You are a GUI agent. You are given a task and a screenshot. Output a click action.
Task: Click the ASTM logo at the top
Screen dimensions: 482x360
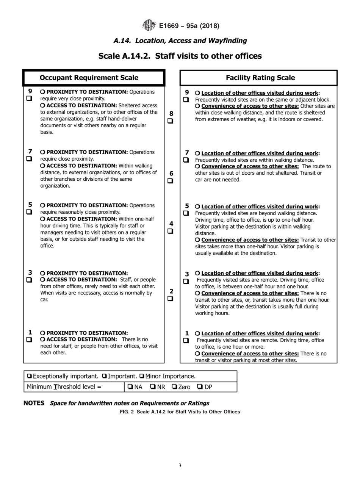pyautogui.click(x=149, y=26)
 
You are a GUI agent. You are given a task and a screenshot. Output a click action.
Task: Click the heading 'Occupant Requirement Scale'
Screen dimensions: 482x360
pyautogui.click(x=89, y=78)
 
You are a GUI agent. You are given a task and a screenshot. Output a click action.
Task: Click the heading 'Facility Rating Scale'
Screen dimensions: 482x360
pyautogui.click(x=260, y=78)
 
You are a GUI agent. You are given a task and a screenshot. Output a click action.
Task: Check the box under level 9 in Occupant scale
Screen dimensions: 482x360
pyautogui.click(x=29, y=99)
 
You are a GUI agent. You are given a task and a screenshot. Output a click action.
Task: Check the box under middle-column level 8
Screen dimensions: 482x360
pyautogui.click(x=171, y=121)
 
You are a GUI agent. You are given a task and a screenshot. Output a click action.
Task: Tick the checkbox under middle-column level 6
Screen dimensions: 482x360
pyautogui.click(x=171, y=181)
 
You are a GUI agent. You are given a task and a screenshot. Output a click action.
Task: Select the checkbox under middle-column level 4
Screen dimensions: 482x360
pyautogui.click(x=171, y=231)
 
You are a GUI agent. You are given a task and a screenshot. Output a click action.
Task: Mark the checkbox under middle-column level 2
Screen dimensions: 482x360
pyautogui.click(x=171, y=298)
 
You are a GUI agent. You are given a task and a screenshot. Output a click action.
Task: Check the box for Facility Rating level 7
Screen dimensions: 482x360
pyautogui.click(x=186, y=160)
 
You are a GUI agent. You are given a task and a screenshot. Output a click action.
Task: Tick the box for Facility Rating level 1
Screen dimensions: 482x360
pyautogui.click(x=186, y=340)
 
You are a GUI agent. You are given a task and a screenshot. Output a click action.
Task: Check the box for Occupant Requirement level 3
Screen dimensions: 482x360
pyautogui.click(x=29, y=280)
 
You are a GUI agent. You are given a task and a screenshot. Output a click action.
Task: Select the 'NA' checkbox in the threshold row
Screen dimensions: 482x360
pyautogui.click(x=130, y=387)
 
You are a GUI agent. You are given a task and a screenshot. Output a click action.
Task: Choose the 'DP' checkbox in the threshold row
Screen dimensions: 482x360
pyautogui.click(x=200, y=387)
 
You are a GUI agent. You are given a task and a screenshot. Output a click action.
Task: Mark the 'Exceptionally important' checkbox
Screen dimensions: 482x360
pyautogui.click(x=29, y=376)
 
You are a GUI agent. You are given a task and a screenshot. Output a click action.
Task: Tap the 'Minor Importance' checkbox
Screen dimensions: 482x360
pyautogui.click(x=142, y=376)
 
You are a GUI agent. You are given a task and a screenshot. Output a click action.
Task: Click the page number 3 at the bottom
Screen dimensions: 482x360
pyautogui.click(x=180, y=466)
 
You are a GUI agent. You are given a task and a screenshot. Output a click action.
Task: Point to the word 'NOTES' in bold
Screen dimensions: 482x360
pyautogui.click(x=34, y=403)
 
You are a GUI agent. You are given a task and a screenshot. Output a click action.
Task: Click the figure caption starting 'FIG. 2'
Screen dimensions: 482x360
pyautogui.click(x=180, y=412)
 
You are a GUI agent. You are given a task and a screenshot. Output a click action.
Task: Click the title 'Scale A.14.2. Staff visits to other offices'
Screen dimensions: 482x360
pyautogui.click(x=180, y=56)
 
